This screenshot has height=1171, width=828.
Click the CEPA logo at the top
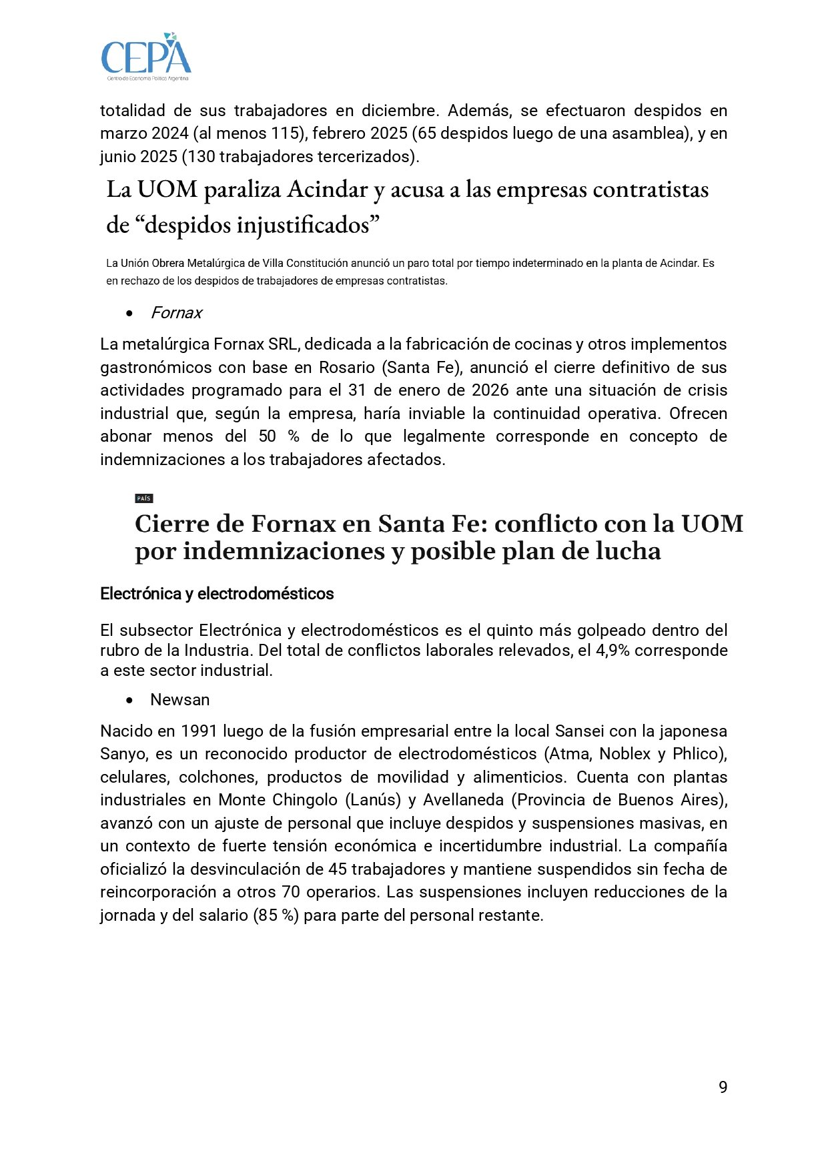[146, 57]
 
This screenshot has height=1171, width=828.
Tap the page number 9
[723, 1088]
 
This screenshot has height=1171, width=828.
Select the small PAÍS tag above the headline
[143, 498]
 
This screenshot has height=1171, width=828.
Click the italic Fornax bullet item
[176, 313]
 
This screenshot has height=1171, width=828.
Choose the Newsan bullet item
[179, 700]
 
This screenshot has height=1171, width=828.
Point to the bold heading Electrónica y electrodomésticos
[217, 594]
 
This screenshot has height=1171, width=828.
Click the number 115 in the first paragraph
[286, 133]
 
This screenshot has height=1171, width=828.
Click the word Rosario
[346, 368]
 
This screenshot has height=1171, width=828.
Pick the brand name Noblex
[625, 754]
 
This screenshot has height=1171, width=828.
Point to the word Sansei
[579, 731]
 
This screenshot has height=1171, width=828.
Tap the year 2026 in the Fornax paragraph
[490, 390]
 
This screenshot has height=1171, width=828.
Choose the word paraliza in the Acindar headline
[242, 190]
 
